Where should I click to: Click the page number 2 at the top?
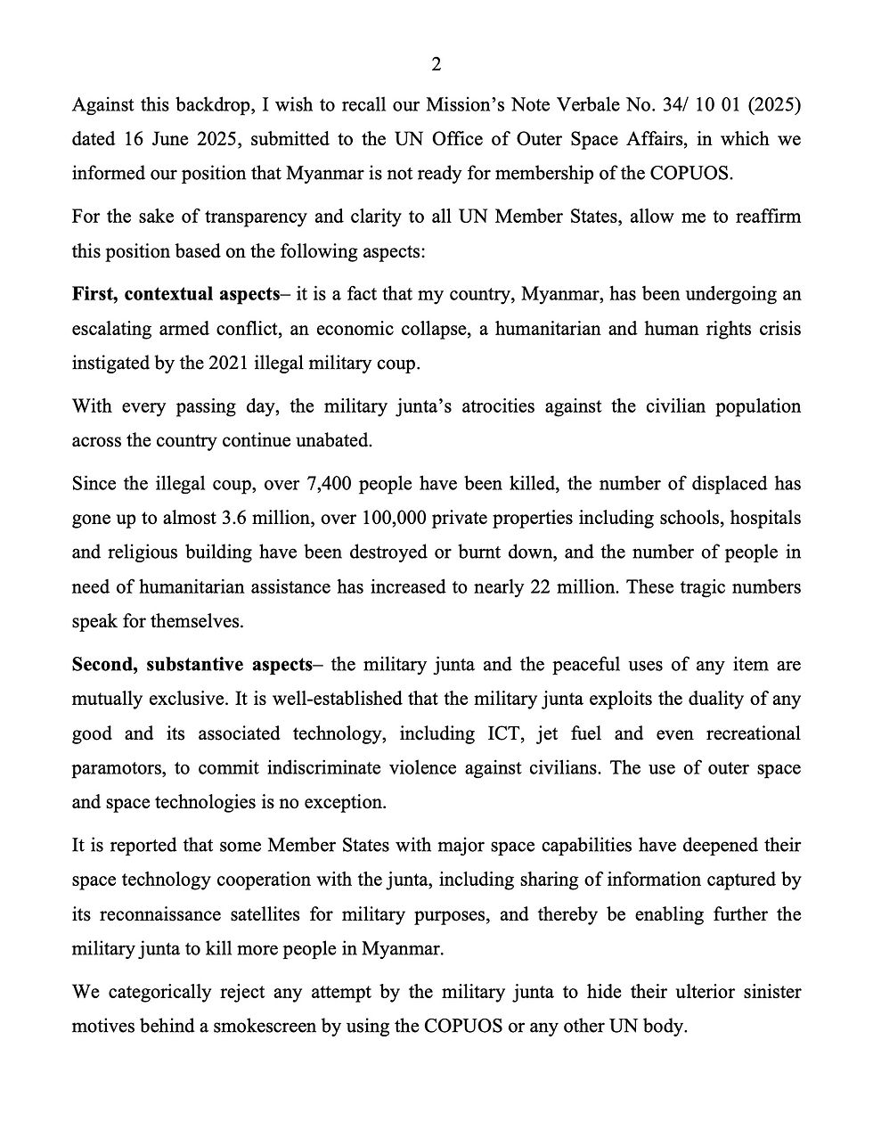[436, 64]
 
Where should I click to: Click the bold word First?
[94, 295]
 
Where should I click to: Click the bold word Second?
[102, 665]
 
